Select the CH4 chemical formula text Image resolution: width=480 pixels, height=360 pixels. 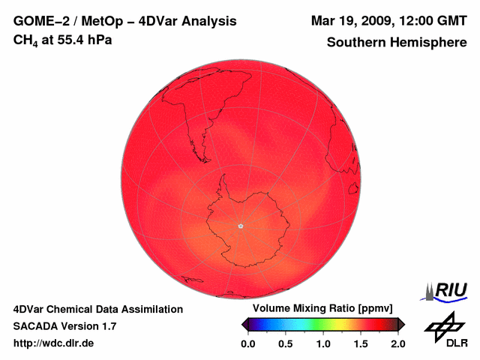pos(27,40)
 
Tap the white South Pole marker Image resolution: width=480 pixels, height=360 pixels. pos(240,225)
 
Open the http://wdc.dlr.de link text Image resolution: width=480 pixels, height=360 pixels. pos(54,343)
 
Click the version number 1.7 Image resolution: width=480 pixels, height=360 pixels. pos(108,326)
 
